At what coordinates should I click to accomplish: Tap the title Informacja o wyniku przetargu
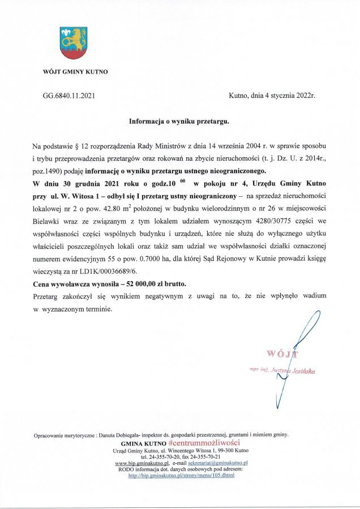[179, 121]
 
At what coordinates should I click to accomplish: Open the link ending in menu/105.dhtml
[181, 476]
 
